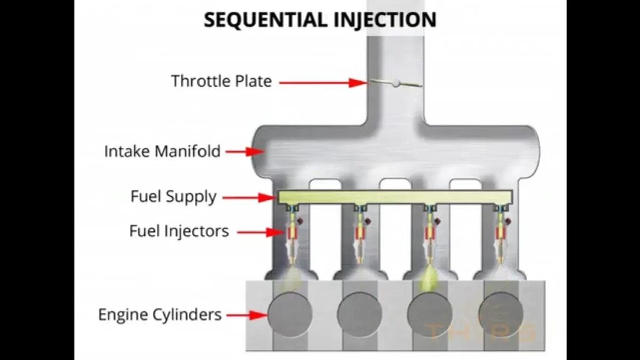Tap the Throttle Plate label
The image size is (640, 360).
coord(221,81)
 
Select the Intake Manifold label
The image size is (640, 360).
coord(162,151)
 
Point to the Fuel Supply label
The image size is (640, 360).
coord(173,197)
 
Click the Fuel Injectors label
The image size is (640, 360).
coord(179,231)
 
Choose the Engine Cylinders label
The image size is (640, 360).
coord(159,314)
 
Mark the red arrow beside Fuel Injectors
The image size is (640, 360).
coord(259,232)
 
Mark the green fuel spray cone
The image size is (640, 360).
coord(431,277)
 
